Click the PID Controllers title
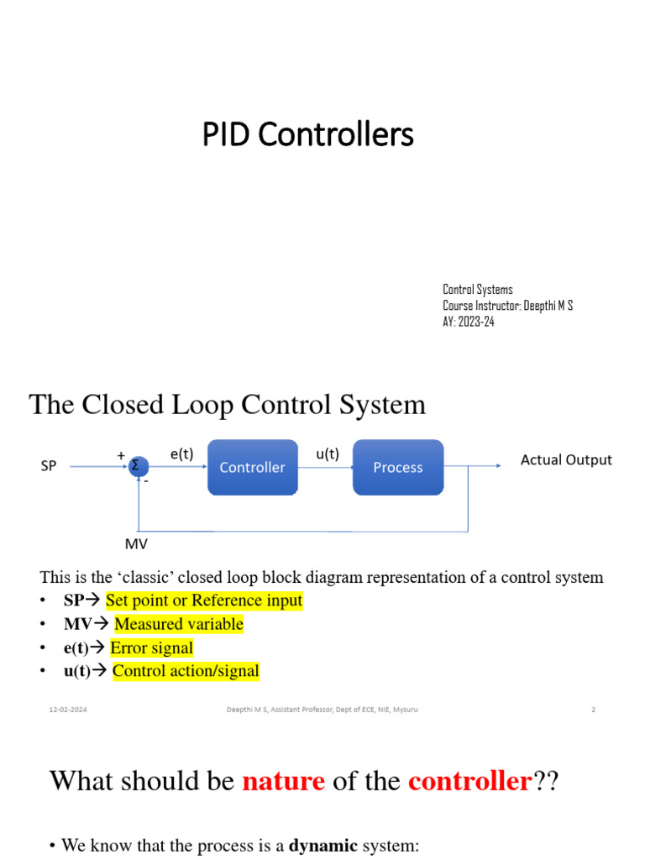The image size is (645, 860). tap(307, 134)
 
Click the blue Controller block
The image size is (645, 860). tap(252, 467)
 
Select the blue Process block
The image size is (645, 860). tap(398, 467)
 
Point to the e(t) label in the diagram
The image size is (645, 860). tap(181, 454)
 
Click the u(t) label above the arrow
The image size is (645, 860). tap(328, 454)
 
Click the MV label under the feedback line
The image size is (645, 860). tap(136, 544)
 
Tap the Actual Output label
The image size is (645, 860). tap(566, 459)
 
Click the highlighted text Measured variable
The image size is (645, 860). tap(179, 624)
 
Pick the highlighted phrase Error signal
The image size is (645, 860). tap(152, 648)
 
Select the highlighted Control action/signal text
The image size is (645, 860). tap(186, 671)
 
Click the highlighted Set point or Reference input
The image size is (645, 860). tap(204, 600)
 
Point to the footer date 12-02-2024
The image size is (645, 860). tap(68, 710)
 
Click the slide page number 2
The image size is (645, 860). tap(593, 710)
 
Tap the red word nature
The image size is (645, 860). tap(283, 782)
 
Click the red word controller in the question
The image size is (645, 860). tap(469, 782)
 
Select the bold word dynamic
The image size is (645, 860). tap(323, 845)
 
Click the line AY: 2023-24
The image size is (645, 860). tap(469, 322)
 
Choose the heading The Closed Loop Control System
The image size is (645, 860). tap(228, 405)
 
